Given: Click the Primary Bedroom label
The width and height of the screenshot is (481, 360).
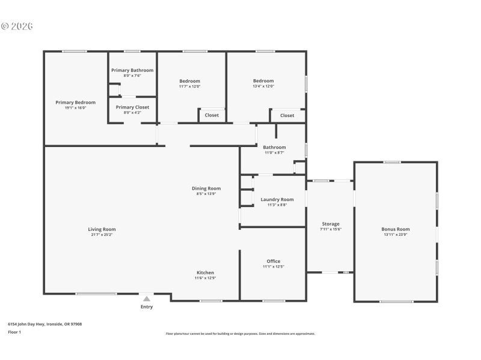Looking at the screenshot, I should pyautogui.click(x=75, y=103).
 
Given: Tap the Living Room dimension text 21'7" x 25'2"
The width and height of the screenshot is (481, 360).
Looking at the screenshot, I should pyautogui.click(x=102, y=235).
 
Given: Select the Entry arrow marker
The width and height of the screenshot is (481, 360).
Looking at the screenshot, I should pyautogui.click(x=147, y=298).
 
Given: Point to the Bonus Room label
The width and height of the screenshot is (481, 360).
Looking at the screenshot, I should pyautogui.click(x=395, y=229).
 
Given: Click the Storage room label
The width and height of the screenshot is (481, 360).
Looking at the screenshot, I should pyautogui.click(x=330, y=224).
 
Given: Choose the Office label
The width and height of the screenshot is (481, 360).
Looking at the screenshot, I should pyautogui.click(x=274, y=261).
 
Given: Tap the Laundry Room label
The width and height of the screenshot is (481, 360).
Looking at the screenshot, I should pyautogui.click(x=277, y=199).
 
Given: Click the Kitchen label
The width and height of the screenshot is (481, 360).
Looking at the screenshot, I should pyautogui.click(x=205, y=272).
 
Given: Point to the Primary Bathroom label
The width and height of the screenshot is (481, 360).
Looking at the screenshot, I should pyautogui.click(x=132, y=70).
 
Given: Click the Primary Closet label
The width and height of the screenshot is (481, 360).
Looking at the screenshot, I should pyautogui.click(x=132, y=107).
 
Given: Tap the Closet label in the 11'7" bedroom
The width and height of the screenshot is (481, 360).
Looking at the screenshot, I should pyautogui.click(x=212, y=115).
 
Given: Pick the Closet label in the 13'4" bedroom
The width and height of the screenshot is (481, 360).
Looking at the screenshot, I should pyautogui.click(x=287, y=115).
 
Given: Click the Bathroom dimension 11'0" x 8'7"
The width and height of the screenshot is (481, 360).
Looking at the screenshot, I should pyautogui.click(x=274, y=152).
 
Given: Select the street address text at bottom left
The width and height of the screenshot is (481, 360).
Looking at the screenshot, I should pyautogui.click(x=44, y=324).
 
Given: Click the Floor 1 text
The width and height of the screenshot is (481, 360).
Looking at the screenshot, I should pyautogui.click(x=14, y=332).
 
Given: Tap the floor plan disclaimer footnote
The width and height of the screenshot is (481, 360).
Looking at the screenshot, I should pyautogui.click(x=240, y=334).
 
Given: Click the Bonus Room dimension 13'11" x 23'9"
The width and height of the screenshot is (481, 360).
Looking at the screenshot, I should pyautogui.click(x=395, y=235).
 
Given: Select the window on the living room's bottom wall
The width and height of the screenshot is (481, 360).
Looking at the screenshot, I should pyautogui.click(x=96, y=293).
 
